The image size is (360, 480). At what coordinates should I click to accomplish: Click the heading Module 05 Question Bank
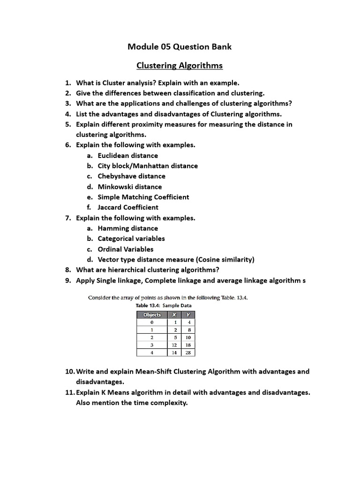(180, 46)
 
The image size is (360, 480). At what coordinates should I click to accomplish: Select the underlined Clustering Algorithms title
(180, 65)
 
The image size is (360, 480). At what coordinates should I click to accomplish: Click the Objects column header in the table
(151, 315)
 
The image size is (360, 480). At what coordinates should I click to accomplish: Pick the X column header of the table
(174, 315)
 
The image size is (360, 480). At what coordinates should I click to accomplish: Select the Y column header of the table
(188, 315)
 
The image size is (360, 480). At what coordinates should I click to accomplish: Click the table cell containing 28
(188, 352)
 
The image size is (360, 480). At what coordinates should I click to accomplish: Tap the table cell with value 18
(188, 345)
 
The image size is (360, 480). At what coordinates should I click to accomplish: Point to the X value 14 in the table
(174, 352)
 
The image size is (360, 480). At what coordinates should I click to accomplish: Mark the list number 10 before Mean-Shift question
(70, 371)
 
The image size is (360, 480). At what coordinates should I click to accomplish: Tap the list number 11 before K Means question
(70, 392)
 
